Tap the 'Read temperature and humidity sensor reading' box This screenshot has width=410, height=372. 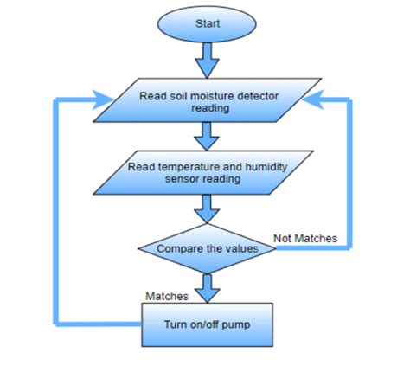coord(206,172)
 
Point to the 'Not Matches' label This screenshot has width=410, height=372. coord(305,237)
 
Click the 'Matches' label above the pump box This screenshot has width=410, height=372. coord(167,295)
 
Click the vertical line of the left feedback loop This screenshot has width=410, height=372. coord(58,212)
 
